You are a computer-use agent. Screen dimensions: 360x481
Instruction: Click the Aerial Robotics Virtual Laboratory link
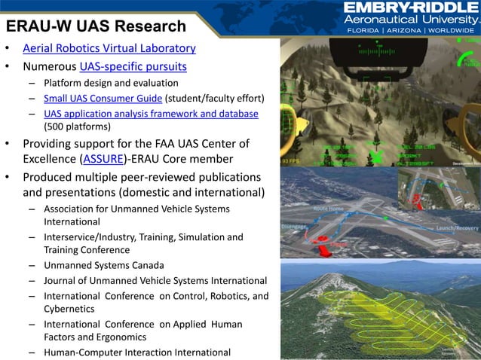coord(109,49)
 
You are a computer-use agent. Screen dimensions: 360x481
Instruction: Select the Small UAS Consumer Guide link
coord(103,98)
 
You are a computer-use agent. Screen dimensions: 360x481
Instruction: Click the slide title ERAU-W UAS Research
coord(96,26)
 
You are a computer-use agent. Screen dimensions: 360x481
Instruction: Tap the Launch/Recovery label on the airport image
coord(458,227)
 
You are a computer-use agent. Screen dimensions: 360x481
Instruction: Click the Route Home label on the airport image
coord(329,208)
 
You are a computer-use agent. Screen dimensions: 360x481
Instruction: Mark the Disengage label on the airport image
coord(294,226)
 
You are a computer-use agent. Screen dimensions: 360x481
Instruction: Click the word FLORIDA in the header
coord(361,31)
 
